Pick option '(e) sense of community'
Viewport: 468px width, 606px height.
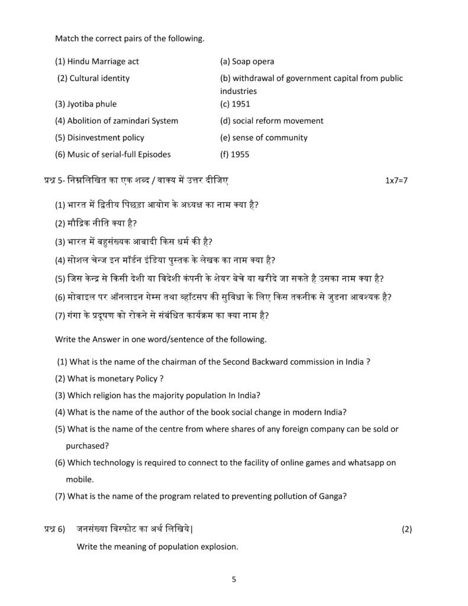coord(264,138)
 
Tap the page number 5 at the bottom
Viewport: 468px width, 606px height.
coord(234,579)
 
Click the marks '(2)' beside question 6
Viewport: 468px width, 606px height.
coord(406,529)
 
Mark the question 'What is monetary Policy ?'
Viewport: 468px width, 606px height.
coord(115,378)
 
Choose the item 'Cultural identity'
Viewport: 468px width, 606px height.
coord(99,78)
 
